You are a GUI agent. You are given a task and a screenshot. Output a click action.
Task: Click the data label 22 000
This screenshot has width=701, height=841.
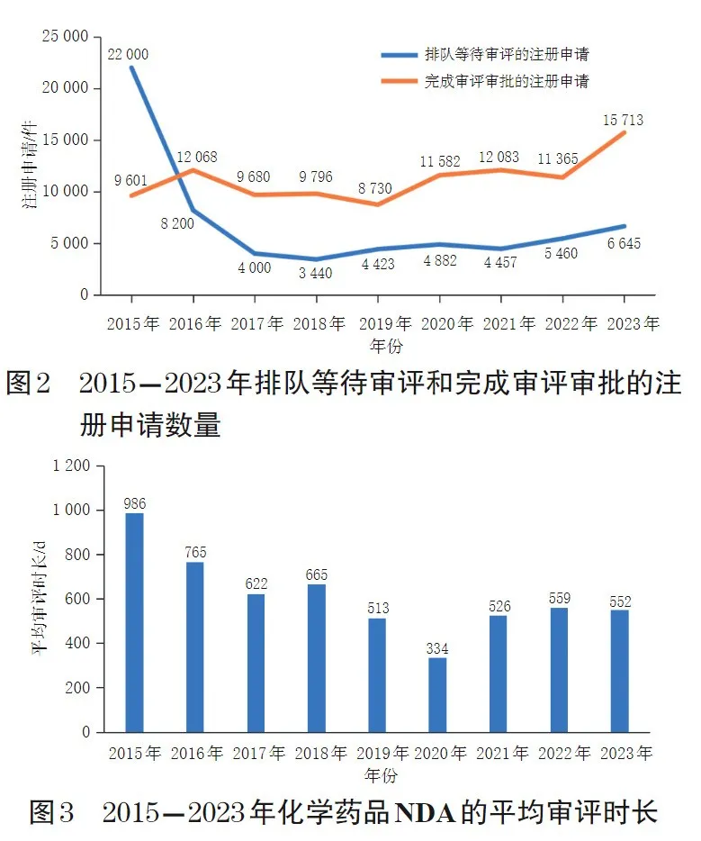coord(128,54)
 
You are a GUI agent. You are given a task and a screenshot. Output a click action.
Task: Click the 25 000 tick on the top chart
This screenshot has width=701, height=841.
coord(65,37)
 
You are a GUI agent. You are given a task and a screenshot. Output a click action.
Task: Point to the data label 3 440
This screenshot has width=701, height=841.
coord(315,274)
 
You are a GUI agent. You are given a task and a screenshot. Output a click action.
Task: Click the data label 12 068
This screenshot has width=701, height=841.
coord(195,157)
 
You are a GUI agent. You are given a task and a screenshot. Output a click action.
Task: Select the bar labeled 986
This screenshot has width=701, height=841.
coord(135,622)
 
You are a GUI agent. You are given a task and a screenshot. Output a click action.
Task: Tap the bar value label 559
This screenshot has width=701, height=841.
coord(559,599)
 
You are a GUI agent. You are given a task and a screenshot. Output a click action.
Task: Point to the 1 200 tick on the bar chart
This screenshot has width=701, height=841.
coord(71,466)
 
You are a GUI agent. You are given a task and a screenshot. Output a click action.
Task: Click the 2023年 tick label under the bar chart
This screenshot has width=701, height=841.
coord(621,753)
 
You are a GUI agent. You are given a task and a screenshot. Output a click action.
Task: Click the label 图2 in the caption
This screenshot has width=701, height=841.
coord(31,384)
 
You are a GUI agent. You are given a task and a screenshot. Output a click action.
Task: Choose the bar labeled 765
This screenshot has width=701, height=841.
coord(195,647)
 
